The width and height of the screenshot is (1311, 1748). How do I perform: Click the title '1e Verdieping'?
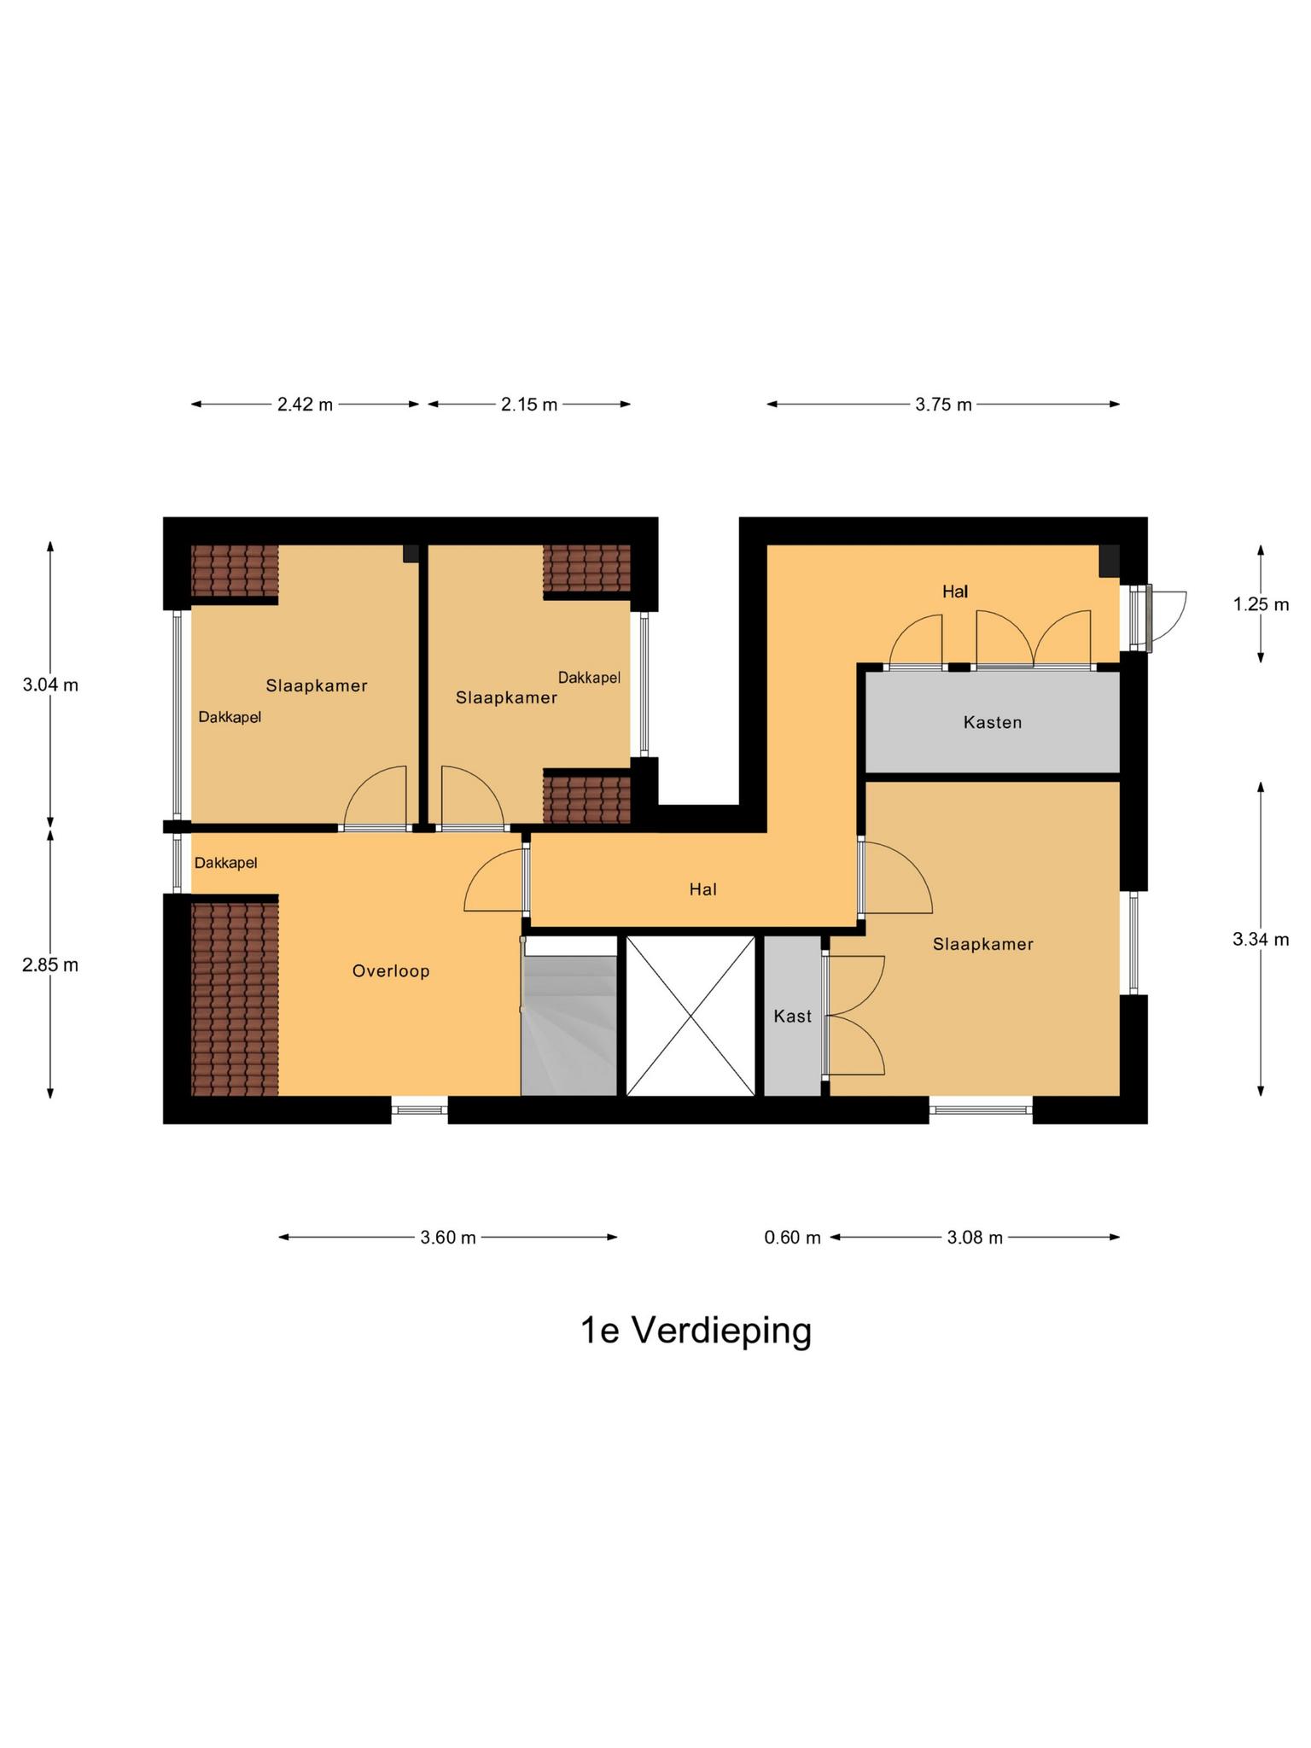coord(696,1330)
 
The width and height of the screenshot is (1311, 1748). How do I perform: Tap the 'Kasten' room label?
coord(992,722)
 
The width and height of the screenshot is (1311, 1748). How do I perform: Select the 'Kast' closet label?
coord(792,1016)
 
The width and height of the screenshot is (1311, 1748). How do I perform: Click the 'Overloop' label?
coord(391,970)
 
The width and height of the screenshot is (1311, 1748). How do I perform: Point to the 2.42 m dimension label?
coord(305,405)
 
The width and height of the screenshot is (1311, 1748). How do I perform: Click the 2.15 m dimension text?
coord(529,405)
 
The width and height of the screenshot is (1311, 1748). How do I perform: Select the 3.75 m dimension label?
coord(943,405)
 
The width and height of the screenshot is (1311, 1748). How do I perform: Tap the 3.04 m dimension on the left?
coord(50,685)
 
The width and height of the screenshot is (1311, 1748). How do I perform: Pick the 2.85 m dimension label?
coord(50,964)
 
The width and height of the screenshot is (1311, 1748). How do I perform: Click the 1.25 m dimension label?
coord(1261,604)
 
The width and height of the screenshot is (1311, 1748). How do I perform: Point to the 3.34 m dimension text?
coord(1261,939)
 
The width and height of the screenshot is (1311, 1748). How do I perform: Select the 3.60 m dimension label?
coord(448,1237)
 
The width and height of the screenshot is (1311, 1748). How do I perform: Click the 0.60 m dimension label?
coord(792,1237)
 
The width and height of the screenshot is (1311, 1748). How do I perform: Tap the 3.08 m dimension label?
coord(975,1237)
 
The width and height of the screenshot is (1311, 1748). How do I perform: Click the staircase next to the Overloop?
coord(568,1024)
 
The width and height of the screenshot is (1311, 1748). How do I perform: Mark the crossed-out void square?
coord(690,1016)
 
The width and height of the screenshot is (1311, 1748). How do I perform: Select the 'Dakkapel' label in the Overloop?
coord(225,863)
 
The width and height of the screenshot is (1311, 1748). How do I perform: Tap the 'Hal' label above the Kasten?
coord(955,591)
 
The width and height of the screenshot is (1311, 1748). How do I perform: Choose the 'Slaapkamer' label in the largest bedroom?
coord(982,944)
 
